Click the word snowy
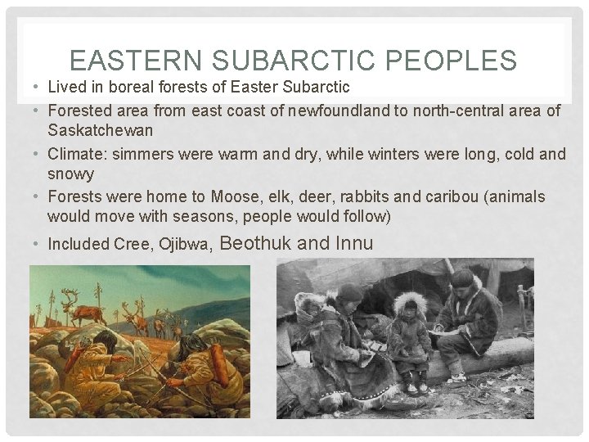[70, 174]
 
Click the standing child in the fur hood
[405, 344]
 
